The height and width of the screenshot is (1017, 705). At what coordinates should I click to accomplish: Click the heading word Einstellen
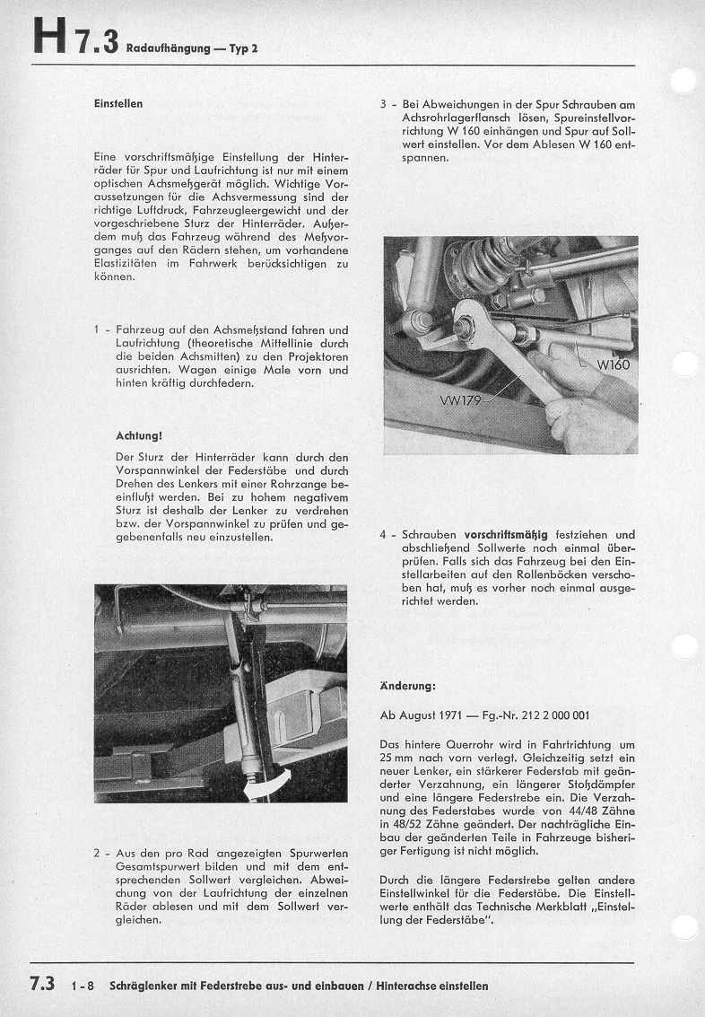click(117, 103)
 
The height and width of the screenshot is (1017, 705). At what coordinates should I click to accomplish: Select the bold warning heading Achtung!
click(139, 436)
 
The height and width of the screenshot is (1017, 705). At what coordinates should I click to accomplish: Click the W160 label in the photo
click(614, 364)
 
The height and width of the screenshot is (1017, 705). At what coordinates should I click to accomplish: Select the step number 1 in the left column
click(97, 329)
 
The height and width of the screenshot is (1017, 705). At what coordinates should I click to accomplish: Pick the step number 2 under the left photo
click(97, 852)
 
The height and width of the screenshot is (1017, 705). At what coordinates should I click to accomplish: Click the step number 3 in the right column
click(383, 104)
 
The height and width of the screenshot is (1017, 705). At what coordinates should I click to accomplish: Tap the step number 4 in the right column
click(383, 535)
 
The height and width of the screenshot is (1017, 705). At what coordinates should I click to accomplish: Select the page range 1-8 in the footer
click(83, 986)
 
